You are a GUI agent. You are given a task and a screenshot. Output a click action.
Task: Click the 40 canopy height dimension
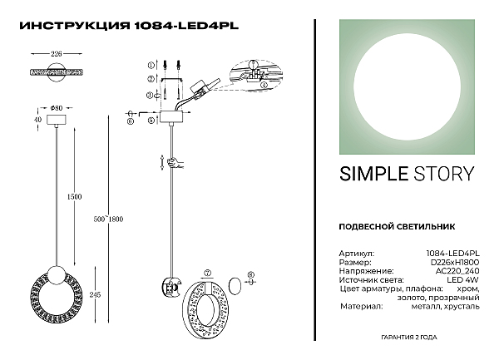coord(37,119)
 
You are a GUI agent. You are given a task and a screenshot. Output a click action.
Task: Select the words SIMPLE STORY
coord(407,174)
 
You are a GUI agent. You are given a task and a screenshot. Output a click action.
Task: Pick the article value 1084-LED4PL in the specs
coord(457,252)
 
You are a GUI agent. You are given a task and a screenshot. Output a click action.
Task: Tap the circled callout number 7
coord(208,272)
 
